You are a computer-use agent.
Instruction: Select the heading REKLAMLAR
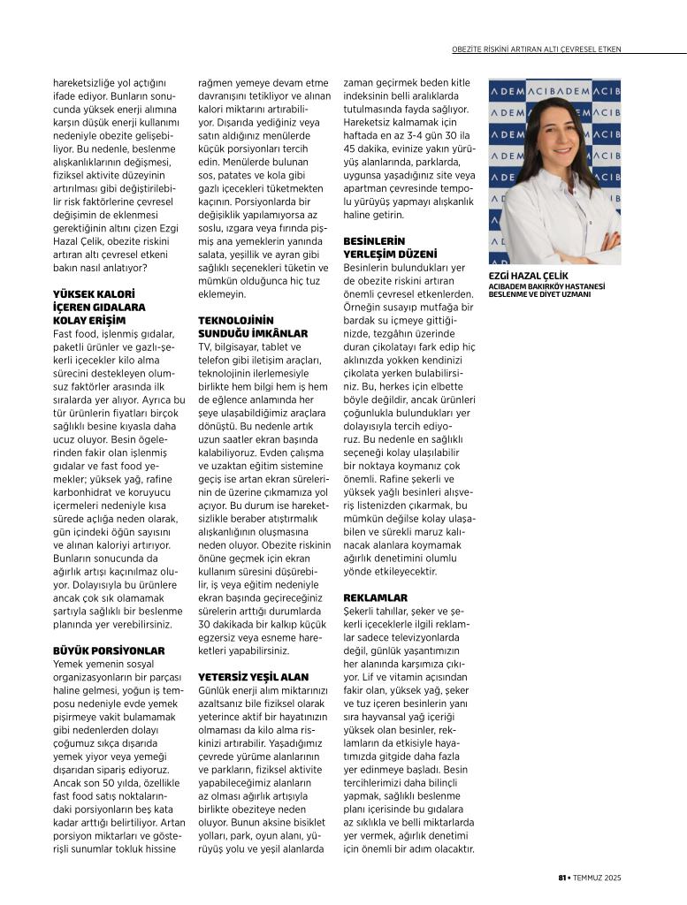[375, 597]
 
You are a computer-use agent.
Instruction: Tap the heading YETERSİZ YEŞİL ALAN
[253, 676]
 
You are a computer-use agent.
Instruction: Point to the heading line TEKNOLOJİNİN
[236, 319]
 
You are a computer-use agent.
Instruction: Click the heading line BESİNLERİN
[373, 240]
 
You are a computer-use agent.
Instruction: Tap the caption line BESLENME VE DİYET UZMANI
[538, 293]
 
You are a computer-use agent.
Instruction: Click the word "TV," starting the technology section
[205, 347]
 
